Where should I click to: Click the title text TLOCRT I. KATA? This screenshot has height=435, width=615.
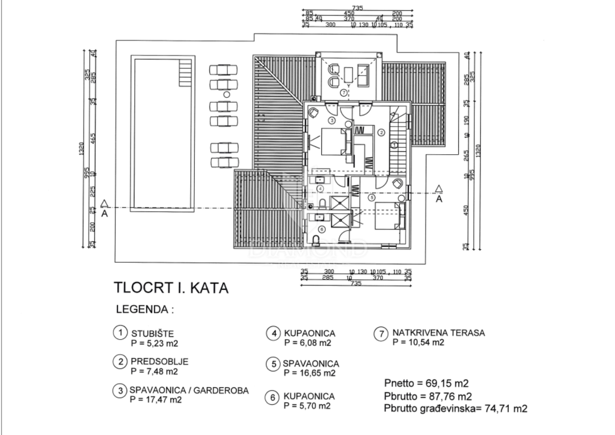click(171, 288)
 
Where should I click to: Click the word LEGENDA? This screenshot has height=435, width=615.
click(145, 310)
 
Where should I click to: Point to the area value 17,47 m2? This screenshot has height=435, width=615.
click(156, 399)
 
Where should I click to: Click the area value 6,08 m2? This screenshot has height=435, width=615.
click(307, 343)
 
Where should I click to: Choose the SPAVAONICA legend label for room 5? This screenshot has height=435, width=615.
click(311, 363)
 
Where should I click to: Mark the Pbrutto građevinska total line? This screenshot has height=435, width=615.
click(456, 409)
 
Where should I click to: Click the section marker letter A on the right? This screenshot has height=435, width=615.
click(439, 199)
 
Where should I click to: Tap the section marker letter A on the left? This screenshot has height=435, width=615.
click(105, 214)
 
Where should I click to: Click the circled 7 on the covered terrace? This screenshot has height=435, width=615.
click(343, 93)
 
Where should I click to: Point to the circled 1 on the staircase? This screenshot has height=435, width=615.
click(394, 146)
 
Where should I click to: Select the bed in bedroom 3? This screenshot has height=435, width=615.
click(334, 142)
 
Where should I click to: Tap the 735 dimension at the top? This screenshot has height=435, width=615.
click(357, 8)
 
